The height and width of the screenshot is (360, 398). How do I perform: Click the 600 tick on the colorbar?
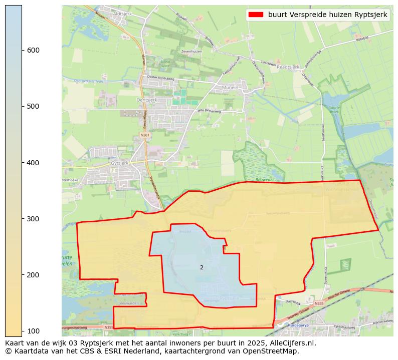click(22, 50)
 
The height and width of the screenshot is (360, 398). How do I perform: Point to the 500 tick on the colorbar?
click(22, 106)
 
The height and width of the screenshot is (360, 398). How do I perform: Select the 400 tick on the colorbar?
click(22, 163)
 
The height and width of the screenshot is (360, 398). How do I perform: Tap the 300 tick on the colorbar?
click(22, 219)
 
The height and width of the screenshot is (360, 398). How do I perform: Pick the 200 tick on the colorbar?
click(22, 275)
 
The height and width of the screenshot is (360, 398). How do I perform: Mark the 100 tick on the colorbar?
click(22, 331)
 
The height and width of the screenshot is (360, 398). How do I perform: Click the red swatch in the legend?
click(256, 15)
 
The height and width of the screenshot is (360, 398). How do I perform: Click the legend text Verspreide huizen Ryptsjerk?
click(328, 15)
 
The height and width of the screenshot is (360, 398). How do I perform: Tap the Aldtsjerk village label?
click(122, 14)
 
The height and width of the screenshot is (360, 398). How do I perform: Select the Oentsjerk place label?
click(146, 100)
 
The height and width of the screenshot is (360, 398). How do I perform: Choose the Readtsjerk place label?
click(288, 67)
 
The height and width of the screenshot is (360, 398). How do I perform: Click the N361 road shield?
click(145, 135)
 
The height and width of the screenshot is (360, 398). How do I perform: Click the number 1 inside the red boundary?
click(225, 248)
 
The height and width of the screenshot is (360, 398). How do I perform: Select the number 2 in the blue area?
click(202, 267)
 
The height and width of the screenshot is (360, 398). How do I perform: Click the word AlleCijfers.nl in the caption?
click(293, 343)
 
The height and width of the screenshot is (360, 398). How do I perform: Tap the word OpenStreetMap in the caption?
click(274, 351)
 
